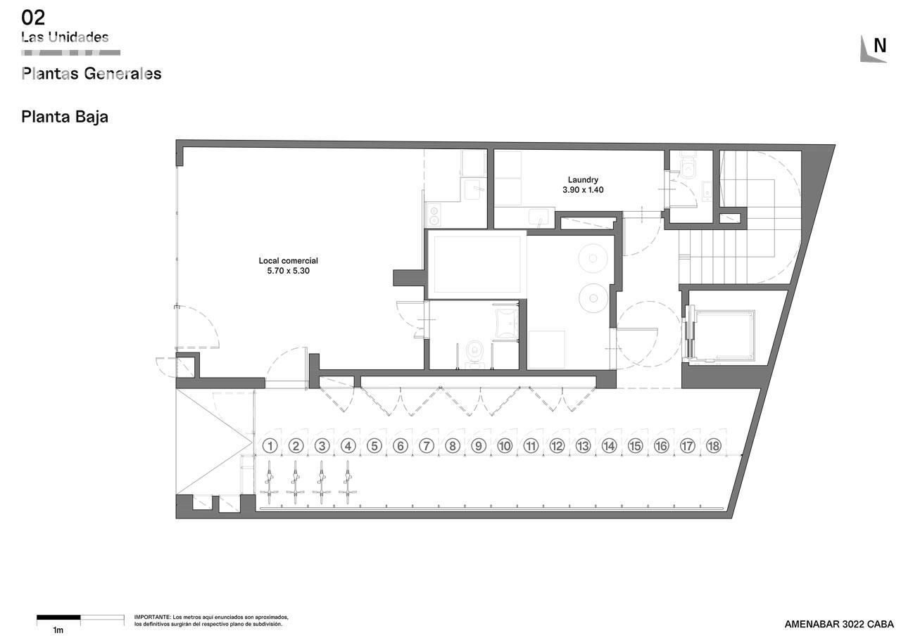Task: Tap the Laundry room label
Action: [583, 179]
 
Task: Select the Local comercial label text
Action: [288, 260]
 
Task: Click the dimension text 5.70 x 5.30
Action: [288, 271]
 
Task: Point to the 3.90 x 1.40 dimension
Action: [583, 190]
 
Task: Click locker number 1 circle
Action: [270, 445]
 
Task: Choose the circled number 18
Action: [714, 445]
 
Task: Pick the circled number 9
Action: [479, 445]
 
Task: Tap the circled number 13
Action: [583, 445]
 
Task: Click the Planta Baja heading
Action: [65, 117]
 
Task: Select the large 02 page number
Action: [33, 18]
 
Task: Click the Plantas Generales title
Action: [92, 74]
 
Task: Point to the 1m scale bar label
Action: [58, 630]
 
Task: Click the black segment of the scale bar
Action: [58, 618]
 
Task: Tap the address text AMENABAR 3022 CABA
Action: [839, 625]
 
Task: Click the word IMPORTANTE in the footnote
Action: [152, 617]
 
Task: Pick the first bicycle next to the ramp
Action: [269, 483]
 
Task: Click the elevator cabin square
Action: [724, 335]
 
